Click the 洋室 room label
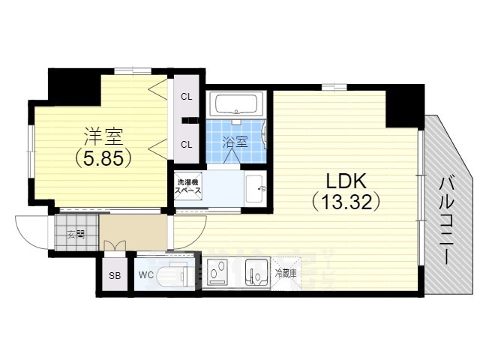point(103,136)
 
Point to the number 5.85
point(103,158)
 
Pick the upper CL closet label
point(185,97)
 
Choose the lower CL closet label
point(185,143)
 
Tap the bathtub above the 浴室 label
point(236,103)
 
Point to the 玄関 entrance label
point(75,234)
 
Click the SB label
point(115,275)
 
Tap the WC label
point(145,275)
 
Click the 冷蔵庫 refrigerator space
point(285,274)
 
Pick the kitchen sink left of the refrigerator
point(256,273)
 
